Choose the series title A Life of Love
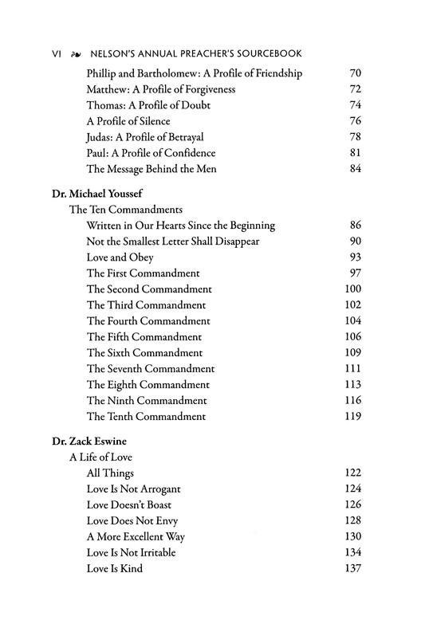[100, 457]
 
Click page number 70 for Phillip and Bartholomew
[355, 73]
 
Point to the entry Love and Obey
[120, 257]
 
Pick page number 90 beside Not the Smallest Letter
[355, 241]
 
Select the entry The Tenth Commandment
[146, 416]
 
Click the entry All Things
[110, 473]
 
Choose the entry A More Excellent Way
[136, 536]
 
